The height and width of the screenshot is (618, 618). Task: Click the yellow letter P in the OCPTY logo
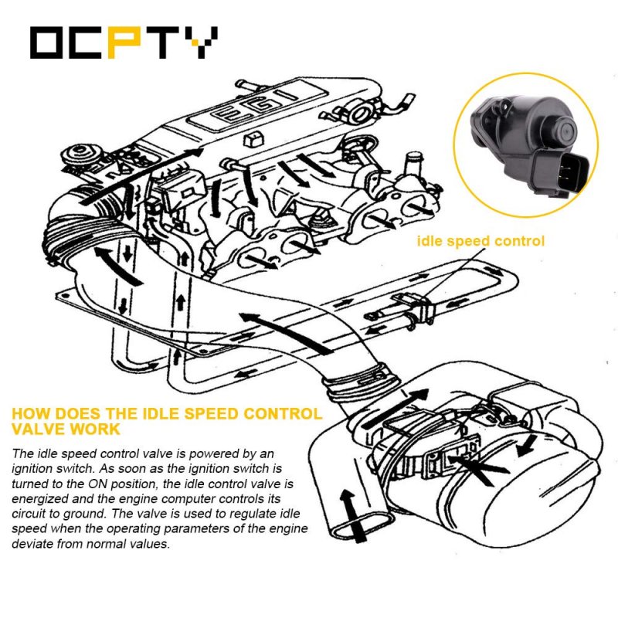pos(124,42)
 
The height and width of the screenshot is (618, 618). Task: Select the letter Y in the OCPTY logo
pos(201,42)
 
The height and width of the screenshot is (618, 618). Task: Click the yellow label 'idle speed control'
pos(480,241)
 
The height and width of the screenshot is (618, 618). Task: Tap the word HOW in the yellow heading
pos(30,414)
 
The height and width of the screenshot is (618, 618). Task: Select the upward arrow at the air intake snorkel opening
pos(351,514)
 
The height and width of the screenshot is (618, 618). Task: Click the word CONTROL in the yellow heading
pos(282,414)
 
